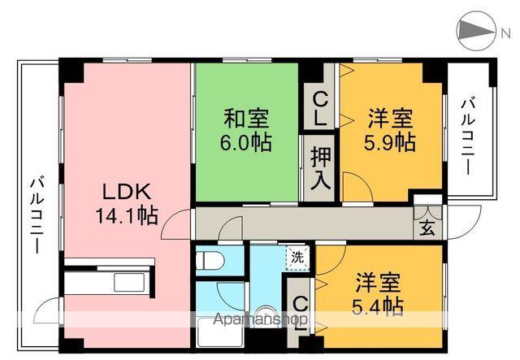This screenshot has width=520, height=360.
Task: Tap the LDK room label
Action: (x=125, y=193)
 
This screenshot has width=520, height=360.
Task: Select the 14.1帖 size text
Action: (x=125, y=216)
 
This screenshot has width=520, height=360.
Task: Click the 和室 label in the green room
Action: (x=248, y=119)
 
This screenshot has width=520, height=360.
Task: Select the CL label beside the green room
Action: (x=320, y=107)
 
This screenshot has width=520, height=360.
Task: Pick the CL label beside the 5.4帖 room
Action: (x=299, y=313)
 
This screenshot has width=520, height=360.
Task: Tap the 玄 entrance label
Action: (x=427, y=227)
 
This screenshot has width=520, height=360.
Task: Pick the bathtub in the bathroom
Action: (x=219, y=335)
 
